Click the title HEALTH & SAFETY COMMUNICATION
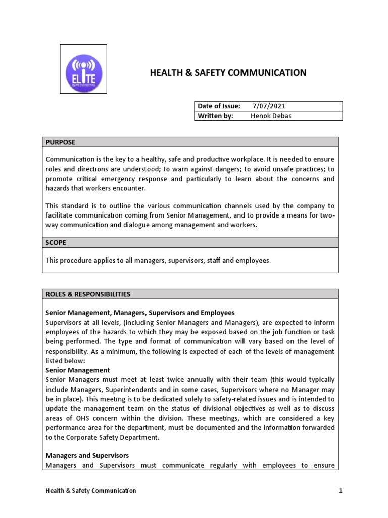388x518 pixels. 228,73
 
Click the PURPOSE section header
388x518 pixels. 60,142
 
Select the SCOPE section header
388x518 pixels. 56,243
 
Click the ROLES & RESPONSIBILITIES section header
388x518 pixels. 88,294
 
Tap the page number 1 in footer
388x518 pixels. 341,491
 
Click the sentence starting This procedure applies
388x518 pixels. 158,261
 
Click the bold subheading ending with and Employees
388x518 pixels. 140,313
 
